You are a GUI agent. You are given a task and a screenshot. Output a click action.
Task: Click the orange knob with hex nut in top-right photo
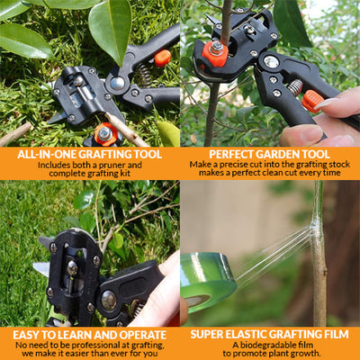tap(215, 53)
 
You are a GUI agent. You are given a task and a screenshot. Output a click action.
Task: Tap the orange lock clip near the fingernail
tap(312, 102)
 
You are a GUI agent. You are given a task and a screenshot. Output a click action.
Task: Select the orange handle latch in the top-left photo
tap(163, 58)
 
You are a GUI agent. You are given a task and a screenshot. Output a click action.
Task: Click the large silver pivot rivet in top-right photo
tap(271, 61)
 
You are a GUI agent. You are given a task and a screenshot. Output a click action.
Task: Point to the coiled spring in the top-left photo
tap(145, 75)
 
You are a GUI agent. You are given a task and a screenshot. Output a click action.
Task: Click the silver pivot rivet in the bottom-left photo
tap(109, 300)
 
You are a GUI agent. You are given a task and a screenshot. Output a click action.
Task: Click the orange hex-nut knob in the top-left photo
tap(105, 134)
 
